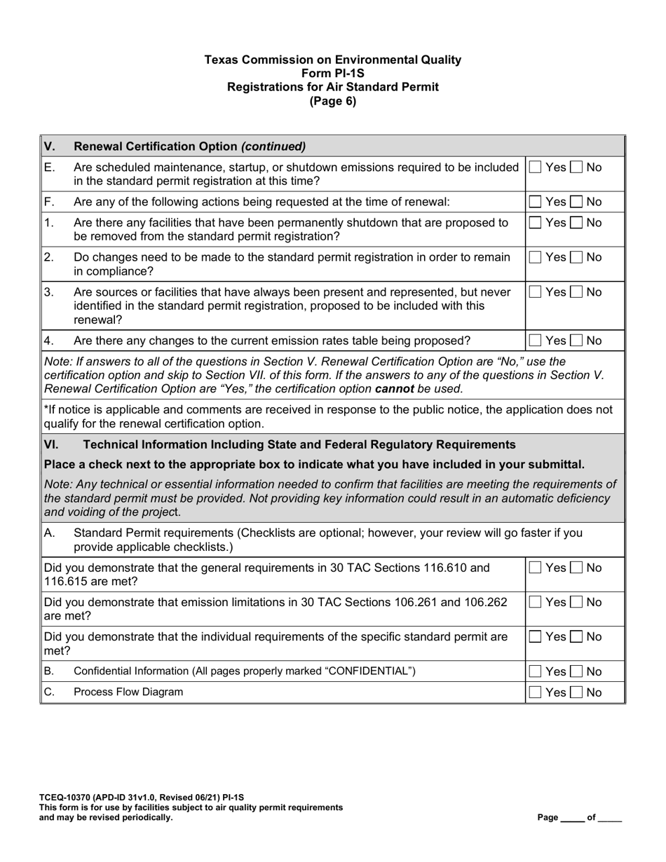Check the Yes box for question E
[x=535, y=167]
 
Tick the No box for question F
[x=576, y=202]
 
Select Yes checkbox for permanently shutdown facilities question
[x=535, y=223]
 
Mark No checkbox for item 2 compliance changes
[x=576, y=257]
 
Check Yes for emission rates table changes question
[x=535, y=341]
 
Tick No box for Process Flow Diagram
[x=576, y=692]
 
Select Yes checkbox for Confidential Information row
[x=535, y=671]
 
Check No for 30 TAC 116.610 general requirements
[x=576, y=567]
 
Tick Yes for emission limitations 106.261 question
[x=535, y=602]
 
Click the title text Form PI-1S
[x=332, y=74]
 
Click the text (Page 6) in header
[x=332, y=101]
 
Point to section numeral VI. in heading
[x=52, y=444]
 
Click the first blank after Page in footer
[x=572, y=818]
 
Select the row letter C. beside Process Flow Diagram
[x=48, y=692]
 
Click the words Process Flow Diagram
[x=128, y=692]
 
